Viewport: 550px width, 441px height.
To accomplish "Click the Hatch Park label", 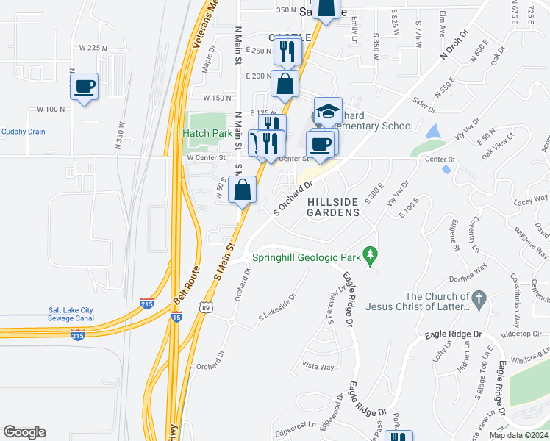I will click(x=208, y=133).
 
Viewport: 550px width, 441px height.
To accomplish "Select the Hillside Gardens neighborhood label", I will click(x=333, y=207).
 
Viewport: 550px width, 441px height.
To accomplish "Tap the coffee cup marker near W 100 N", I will click(x=85, y=86).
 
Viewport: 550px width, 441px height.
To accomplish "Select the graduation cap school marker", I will click(x=328, y=111).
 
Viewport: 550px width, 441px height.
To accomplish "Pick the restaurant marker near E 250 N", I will click(x=287, y=51).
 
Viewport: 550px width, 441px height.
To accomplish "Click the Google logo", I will click(x=24, y=432).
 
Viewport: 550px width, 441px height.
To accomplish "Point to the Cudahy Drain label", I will click(x=23, y=132).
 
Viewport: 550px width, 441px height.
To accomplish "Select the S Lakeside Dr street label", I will click(x=277, y=307).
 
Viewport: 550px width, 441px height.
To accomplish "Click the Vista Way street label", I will click(x=318, y=366).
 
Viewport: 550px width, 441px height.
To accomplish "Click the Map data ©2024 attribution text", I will click(x=518, y=435).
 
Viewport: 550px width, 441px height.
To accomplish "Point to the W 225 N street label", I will click(x=103, y=48).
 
